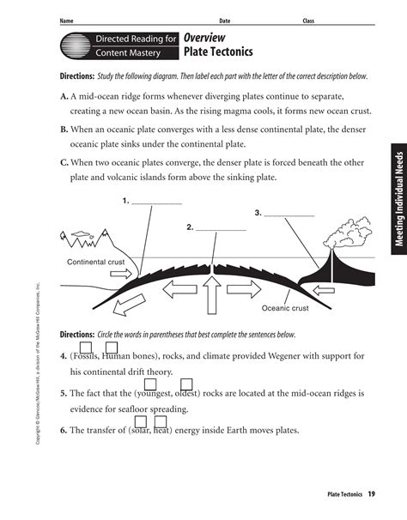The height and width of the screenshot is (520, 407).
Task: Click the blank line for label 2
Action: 222,229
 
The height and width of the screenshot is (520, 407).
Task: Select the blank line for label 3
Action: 291,213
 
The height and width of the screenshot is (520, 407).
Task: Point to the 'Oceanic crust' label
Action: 285,307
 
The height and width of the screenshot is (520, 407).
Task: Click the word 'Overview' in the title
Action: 204,38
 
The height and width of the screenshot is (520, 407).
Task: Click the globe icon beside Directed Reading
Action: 74,45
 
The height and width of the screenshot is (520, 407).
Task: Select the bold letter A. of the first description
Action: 64,97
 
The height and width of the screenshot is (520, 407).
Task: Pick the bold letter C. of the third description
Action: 64,162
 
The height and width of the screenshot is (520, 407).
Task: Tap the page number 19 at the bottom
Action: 371,494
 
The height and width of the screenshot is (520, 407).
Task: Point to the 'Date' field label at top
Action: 224,20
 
